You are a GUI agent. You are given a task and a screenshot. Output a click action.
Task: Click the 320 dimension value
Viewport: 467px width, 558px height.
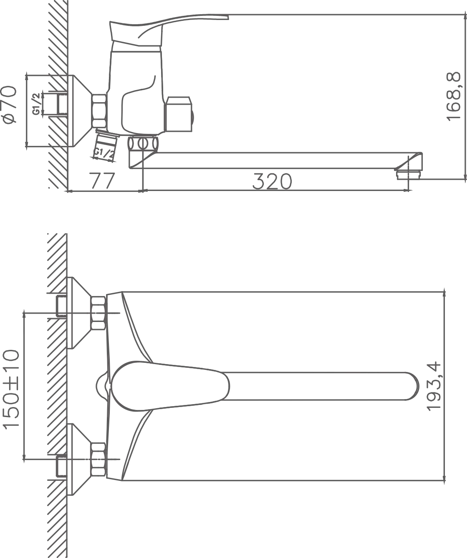[x=272, y=181]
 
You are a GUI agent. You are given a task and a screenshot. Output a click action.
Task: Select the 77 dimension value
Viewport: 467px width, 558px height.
[x=102, y=181]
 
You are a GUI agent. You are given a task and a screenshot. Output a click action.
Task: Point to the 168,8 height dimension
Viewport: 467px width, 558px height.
[x=454, y=96]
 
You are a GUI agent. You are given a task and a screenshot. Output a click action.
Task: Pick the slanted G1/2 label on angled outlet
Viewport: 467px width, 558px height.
[x=104, y=154]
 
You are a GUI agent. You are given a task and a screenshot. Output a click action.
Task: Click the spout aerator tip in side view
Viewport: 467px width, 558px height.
[x=409, y=175]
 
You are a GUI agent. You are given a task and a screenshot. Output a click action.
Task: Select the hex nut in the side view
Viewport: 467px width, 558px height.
[x=99, y=111]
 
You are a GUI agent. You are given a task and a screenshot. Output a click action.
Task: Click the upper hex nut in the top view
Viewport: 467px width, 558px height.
[x=98, y=313]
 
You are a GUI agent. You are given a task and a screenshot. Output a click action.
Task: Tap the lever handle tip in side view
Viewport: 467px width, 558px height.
[x=226, y=17]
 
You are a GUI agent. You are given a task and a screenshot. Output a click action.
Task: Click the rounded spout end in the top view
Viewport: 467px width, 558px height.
[x=411, y=386]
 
